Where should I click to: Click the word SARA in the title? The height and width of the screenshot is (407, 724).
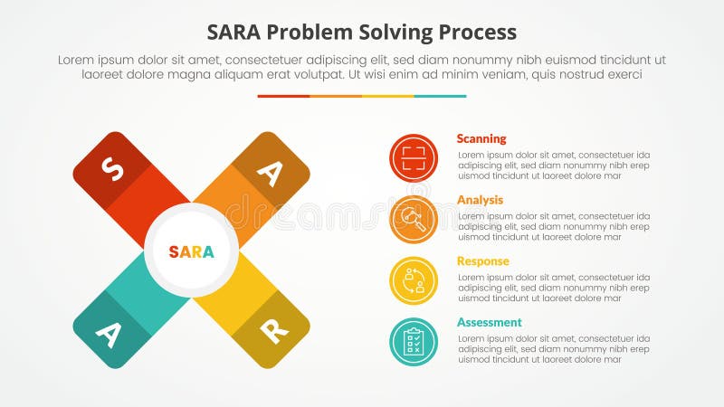point(237,32)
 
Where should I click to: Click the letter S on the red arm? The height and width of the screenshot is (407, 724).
point(112,169)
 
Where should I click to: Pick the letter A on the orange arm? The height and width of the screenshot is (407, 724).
point(270,171)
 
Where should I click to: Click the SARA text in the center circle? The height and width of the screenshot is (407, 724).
point(192,251)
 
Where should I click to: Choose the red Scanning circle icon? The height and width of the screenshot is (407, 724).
point(414,158)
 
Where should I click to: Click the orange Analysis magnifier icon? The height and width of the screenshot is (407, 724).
point(414,220)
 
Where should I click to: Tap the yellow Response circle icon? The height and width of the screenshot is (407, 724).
point(414,280)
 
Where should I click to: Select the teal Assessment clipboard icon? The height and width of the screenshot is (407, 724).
point(414,342)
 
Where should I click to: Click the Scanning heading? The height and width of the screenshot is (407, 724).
point(481,138)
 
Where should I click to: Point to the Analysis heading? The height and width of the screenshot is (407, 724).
point(480,200)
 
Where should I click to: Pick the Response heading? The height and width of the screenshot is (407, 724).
point(482,261)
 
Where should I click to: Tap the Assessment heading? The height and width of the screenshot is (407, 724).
point(489,322)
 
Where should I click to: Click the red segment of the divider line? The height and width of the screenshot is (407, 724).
point(283,96)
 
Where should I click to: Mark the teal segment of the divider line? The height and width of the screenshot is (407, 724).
point(441,96)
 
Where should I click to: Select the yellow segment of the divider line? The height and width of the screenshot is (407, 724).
point(388,96)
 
